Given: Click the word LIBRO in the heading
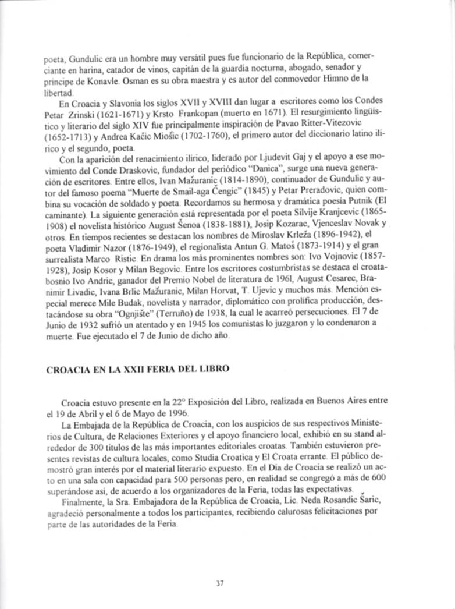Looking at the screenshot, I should point(214,369).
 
